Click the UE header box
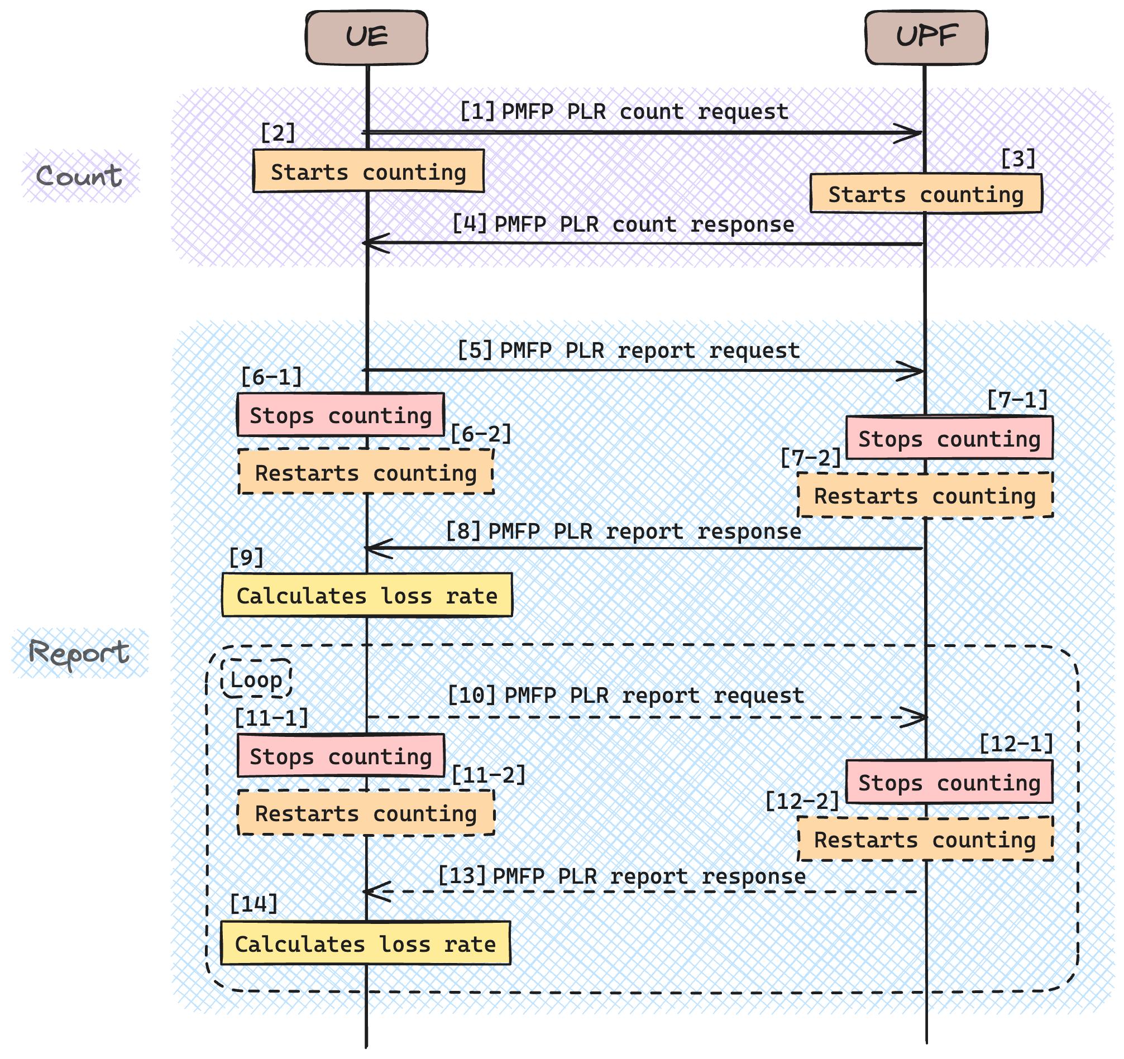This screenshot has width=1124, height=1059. point(366,37)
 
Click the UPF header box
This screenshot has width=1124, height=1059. point(926,37)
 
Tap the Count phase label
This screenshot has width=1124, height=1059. point(79,176)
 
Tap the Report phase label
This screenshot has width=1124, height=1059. point(79,654)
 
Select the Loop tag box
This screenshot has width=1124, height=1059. point(256,679)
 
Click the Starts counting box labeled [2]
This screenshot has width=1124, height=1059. point(368,171)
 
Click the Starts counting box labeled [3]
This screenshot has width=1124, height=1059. point(926,194)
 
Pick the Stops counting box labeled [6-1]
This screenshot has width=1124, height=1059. point(341,415)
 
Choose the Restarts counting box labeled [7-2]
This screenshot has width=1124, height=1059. point(925,496)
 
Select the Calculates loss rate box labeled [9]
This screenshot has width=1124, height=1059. point(367,595)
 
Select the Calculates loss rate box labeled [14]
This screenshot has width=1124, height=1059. point(365,943)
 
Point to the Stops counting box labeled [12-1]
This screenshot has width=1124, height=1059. point(949,783)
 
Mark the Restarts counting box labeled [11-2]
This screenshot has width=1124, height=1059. point(365,813)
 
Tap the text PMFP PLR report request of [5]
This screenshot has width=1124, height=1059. point(649,351)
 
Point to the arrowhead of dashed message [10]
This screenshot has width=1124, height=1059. point(917,717)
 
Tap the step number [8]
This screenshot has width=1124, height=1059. point(463,531)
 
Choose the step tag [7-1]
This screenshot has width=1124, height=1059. point(1017,400)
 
